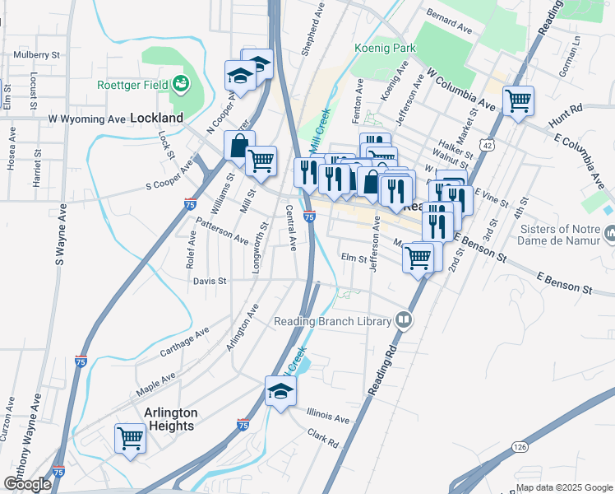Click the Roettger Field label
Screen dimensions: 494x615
click(x=132, y=84)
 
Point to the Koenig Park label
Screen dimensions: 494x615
click(x=385, y=49)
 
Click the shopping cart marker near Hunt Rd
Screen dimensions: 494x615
click(x=519, y=101)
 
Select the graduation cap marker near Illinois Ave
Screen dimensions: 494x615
click(x=280, y=390)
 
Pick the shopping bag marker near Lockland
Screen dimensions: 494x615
click(x=239, y=147)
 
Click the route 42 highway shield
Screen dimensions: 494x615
click(x=488, y=146)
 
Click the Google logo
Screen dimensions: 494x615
click(x=27, y=484)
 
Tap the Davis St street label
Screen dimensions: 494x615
click(x=210, y=281)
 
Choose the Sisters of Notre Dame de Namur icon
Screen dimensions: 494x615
click(x=609, y=235)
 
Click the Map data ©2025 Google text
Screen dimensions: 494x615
click(x=563, y=487)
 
